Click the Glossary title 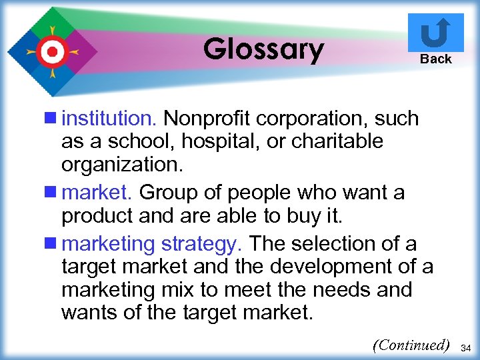[x=263, y=49]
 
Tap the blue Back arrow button [x=435, y=33]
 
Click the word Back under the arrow [x=436, y=59]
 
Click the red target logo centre [x=52, y=51]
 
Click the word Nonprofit [x=207, y=119]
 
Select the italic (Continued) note [x=411, y=345]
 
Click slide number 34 [x=466, y=347]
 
